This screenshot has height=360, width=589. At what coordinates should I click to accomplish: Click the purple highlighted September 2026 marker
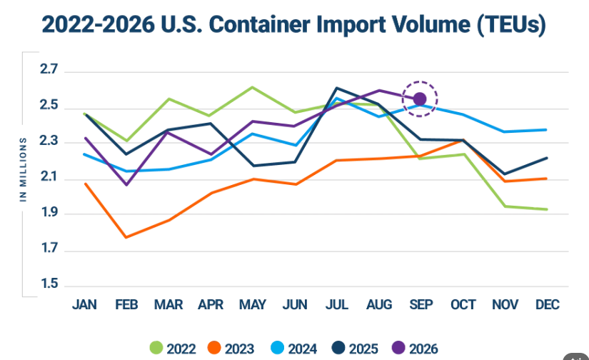point(420,99)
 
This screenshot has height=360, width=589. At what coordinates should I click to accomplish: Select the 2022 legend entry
point(173,349)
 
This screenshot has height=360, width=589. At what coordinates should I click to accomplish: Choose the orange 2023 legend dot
point(214,348)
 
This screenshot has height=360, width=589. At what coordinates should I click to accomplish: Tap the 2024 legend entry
point(293,349)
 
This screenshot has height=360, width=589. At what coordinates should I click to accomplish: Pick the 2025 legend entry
point(355,349)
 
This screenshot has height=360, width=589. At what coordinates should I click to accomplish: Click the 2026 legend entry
point(415,349)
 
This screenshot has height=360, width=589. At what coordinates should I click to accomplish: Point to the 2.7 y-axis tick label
point(49,69)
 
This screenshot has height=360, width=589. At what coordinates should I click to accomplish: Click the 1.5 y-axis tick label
point(49,284)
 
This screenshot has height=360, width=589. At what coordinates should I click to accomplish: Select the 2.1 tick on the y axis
point(49,176)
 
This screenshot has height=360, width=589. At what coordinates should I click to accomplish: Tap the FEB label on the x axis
point(126,304)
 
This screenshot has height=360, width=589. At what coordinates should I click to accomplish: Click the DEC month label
point(548,304)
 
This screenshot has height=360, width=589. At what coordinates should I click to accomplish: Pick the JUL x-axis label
point(337,304)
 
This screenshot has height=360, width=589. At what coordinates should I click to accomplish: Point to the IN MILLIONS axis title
point(24,169)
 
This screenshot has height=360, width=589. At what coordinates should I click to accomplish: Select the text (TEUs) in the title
point(512,26)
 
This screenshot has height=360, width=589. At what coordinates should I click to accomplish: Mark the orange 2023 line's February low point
point(126,237)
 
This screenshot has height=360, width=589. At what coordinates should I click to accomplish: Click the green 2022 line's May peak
point(253,87)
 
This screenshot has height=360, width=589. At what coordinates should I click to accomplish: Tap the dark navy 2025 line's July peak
point(337,88)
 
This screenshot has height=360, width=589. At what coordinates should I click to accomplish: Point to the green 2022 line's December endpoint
point(547,209)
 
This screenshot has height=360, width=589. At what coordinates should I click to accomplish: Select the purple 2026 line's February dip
point(126,185)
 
